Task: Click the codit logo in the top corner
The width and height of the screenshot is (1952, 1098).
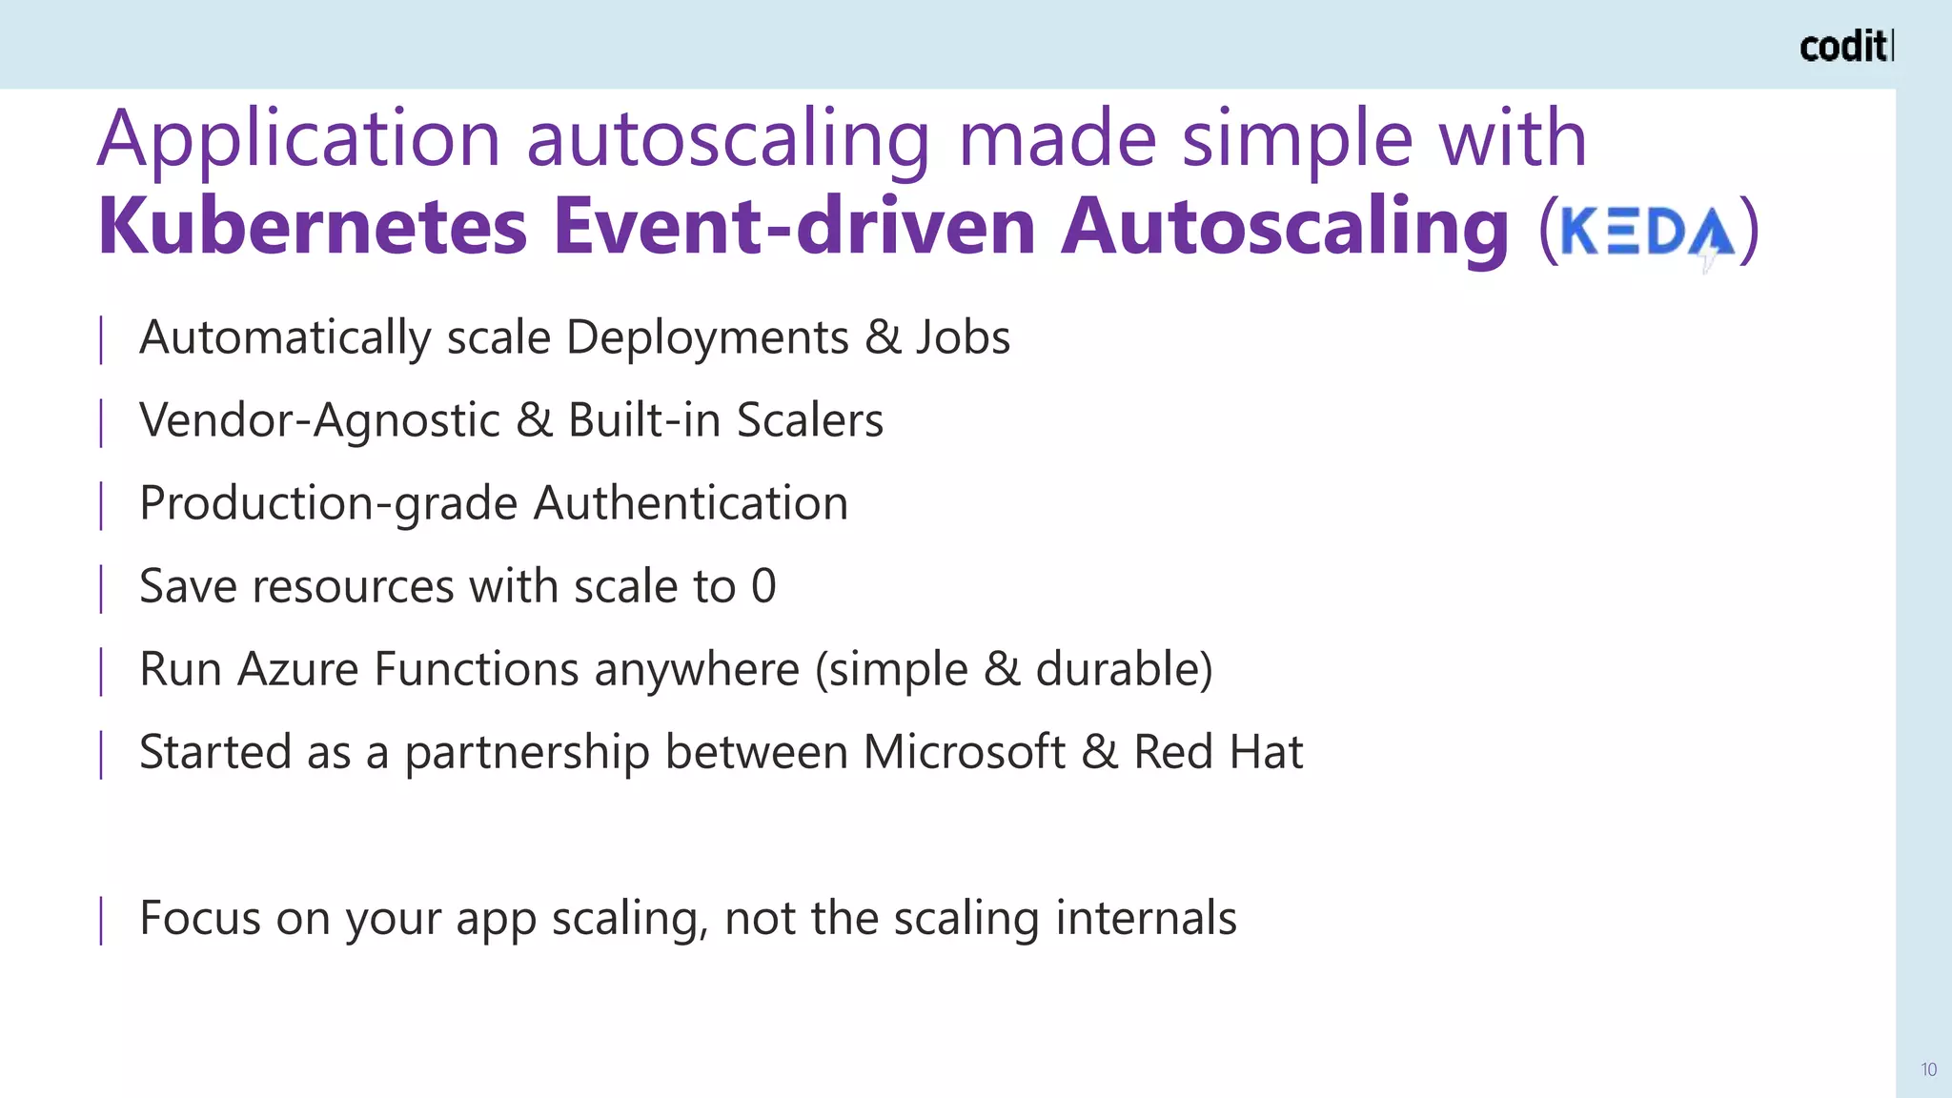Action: click(1845, 47)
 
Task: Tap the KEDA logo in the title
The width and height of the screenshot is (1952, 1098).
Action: click(1647, 232)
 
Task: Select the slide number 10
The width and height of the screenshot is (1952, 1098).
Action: click(1928, 1069)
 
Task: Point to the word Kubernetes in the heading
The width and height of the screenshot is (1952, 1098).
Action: click(313, 227)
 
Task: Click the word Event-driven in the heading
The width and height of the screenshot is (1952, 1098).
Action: click(794, 227)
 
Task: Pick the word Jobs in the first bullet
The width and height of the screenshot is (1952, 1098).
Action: click(963, 337)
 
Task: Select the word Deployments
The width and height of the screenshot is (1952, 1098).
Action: click(707, 337)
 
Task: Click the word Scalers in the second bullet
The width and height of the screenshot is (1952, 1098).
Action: click(810, 420)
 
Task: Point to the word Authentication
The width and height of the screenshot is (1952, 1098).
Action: click(690, 503)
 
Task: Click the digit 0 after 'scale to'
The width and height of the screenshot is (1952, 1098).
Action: click(763, 586)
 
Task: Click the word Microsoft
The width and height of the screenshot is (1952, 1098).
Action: click(964, 752)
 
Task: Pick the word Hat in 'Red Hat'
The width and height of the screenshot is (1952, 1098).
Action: click(1266, 752)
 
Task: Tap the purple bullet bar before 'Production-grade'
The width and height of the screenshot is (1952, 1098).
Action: click(101, 505)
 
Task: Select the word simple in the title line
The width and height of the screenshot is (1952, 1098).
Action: click(1296, 139)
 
